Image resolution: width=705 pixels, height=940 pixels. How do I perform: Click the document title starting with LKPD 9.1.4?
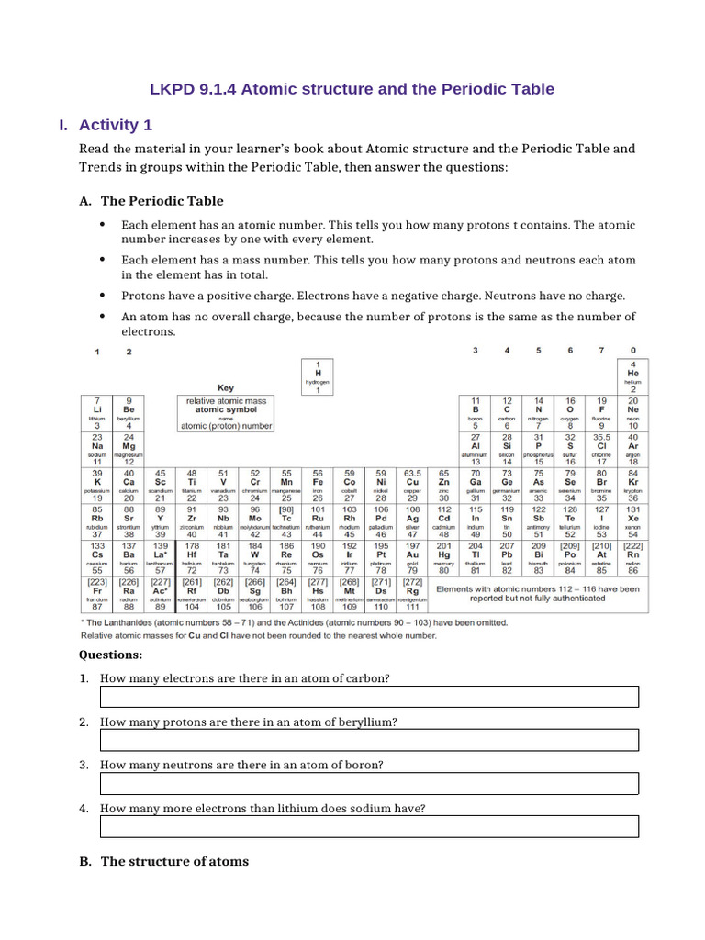click(x=352, y=89)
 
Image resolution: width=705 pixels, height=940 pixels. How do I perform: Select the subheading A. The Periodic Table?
click(x=162, y=201)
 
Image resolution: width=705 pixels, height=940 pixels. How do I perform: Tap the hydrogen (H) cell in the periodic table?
click(x=318, y=376)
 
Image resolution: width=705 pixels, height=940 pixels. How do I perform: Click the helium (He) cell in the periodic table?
click(x=632, y=375)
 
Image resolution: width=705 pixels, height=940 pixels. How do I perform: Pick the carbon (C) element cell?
click(x=507, y=412)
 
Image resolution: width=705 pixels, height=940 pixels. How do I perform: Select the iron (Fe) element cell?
click(x=318, y=485)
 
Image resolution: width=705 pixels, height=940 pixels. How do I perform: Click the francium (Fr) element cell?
click(x=96, y=592)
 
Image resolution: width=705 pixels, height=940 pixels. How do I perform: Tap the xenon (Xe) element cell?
click(x=632, y=520)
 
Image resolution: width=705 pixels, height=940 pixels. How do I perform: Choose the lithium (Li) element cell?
click(x=96, y=412)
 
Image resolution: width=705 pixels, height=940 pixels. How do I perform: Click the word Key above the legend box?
click(x=225, y=388)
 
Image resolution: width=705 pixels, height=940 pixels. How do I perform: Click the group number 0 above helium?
click(x=632, y=351)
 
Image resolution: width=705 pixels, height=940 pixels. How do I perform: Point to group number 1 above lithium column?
click(x=96, y=352)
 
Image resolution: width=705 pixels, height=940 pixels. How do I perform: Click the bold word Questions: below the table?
click(x=110, y=655)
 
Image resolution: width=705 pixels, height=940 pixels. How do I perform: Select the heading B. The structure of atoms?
click(x=163, y=861)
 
